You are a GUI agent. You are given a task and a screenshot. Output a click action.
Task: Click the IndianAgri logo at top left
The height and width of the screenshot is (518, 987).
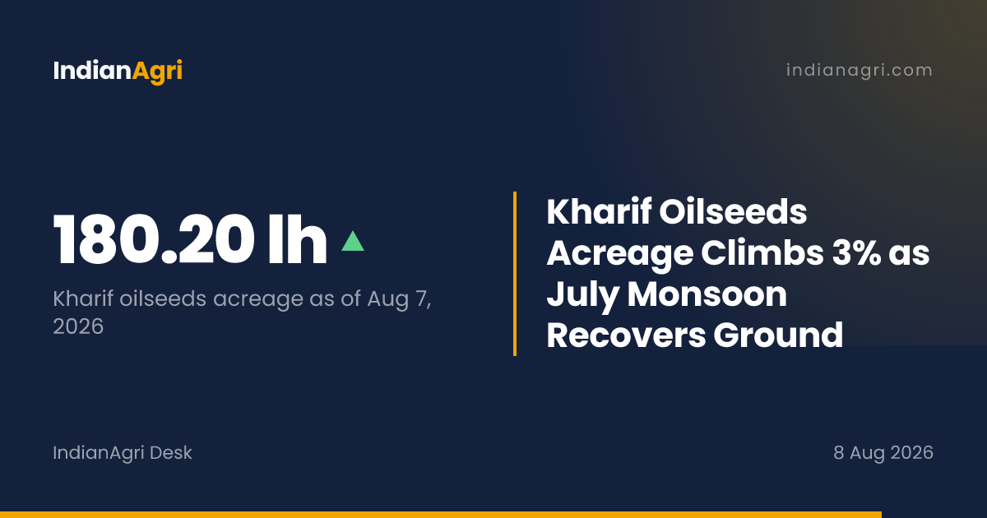pos(118,72)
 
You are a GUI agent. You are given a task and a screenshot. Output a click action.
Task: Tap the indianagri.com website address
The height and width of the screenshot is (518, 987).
pos(860,71)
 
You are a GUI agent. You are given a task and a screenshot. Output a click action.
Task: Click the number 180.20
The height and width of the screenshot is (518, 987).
pos(154,239)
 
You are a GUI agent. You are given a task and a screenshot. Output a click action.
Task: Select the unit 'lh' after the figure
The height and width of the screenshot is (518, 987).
pos(298,239)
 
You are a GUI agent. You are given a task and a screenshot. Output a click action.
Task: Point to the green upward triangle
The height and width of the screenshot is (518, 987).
pos(353,242)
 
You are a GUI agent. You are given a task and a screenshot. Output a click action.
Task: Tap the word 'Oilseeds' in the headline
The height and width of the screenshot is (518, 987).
pos(733,212)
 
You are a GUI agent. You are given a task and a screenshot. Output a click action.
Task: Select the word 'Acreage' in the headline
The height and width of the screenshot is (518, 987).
pos(620,254)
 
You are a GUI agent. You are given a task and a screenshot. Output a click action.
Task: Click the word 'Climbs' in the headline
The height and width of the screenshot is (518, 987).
pos(762,253)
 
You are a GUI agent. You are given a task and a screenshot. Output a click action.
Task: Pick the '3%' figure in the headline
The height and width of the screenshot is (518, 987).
pos(855,253)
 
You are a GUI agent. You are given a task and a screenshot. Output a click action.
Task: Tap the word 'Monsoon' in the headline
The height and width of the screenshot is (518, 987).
pos(707,294)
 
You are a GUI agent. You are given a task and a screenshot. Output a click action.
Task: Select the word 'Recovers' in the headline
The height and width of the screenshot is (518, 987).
pos(626,335)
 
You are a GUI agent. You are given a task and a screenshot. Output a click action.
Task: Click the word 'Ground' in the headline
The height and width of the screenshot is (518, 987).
pos(778,335)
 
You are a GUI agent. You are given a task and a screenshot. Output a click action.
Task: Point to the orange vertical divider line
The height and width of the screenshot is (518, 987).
pos(515,274)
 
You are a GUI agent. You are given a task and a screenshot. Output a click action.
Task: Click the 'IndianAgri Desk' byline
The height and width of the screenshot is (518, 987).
pos(123,453)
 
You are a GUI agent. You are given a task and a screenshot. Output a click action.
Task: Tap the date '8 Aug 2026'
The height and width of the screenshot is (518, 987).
pos(883,453)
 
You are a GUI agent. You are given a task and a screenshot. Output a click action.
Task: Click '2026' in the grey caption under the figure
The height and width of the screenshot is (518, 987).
pos(78,326)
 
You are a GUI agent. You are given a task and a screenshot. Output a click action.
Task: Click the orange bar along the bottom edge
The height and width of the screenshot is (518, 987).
pos(441,515)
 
